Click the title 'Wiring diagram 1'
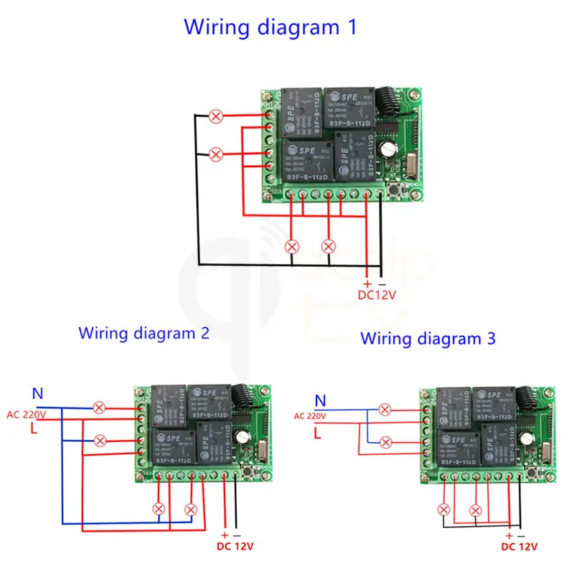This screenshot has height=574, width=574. click(270, 27)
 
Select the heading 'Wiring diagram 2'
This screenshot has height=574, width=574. click(144, 333)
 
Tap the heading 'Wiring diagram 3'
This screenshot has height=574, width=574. click(428, 338)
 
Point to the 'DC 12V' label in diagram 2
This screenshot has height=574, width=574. click(235, 546)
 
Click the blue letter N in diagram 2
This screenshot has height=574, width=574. click(38, 394)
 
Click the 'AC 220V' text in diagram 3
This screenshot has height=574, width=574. click(310, 415)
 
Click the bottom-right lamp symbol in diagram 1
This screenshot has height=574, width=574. click(329, 245)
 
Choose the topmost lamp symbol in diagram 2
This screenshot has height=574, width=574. click(100, 408)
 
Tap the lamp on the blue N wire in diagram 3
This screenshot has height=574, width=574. click(385, 410)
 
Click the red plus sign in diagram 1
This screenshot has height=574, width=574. click(367, 283)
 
